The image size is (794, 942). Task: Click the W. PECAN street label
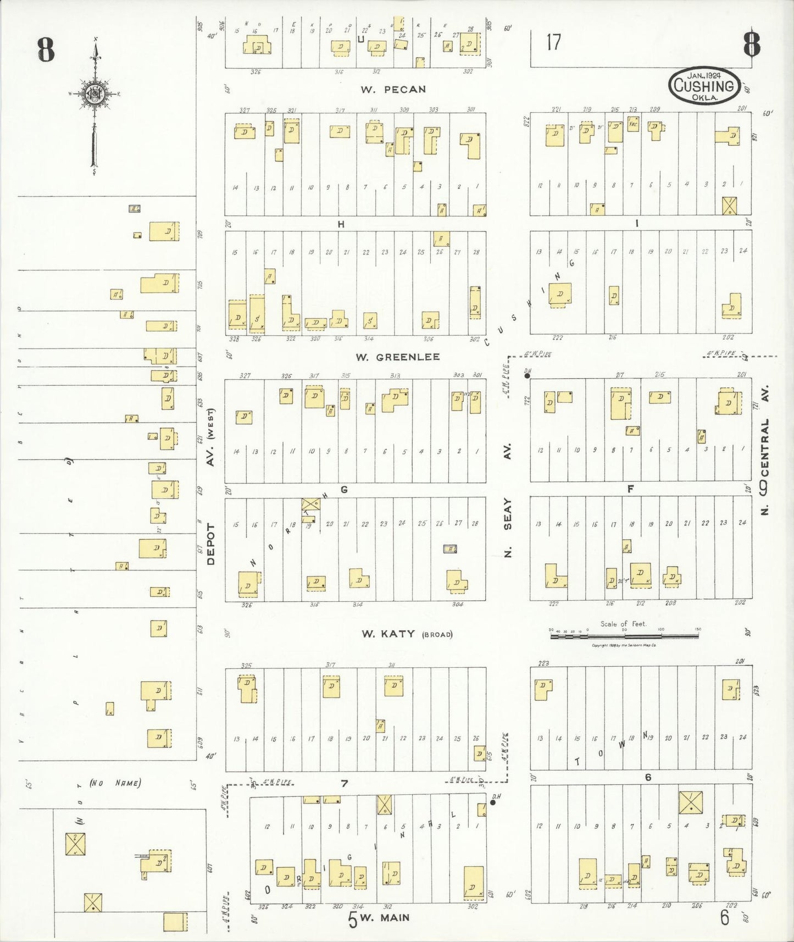click(393, 89)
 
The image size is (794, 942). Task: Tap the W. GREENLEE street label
click(397, 357)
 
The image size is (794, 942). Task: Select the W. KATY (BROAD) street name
click(407, 634)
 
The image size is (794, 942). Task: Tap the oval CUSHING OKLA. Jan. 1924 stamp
click(704, 86)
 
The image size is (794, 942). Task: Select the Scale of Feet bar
click(625, 636)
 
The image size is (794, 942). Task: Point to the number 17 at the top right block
click(553, 42)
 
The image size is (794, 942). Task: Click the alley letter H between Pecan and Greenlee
click(341, 224)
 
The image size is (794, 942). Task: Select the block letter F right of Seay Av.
click(630, 489)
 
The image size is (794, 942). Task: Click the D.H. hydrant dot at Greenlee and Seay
click(527, 376)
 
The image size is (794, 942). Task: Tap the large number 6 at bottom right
click(725, 917)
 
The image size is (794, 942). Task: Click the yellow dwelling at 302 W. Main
click(473, 884)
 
